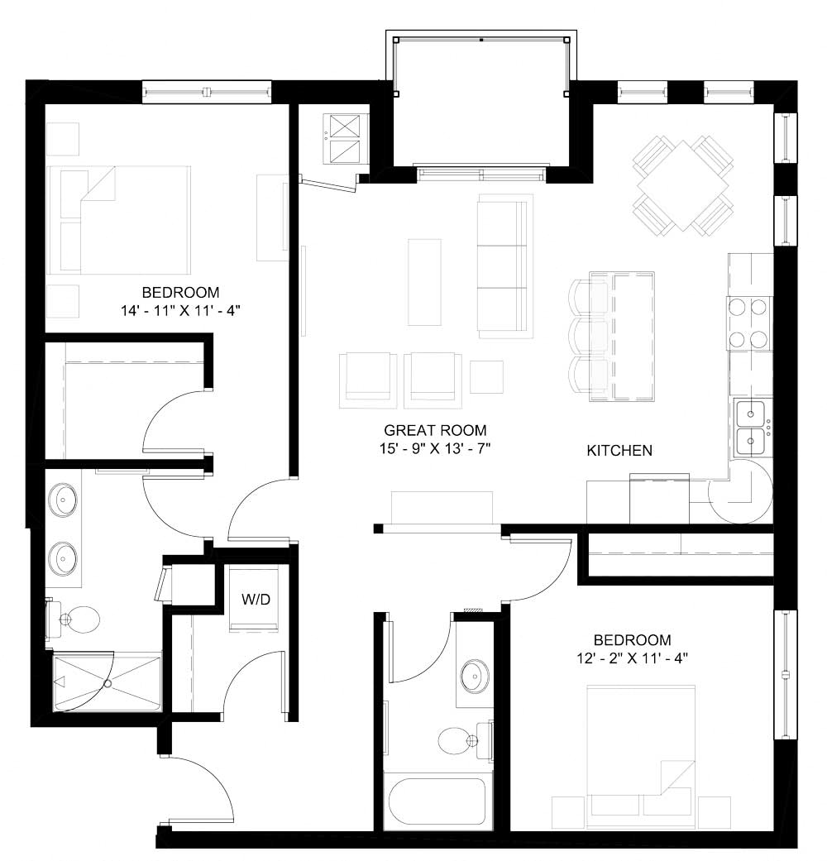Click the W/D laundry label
pos(256,600)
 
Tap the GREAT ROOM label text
pos(435,431)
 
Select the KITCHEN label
pos(619,451)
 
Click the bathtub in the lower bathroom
pos(437,801)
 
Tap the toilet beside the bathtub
pos(457,739)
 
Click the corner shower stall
pos(107,682)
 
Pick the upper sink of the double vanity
pos(65,500)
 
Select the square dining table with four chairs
pos(683,184)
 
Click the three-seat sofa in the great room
pos(503,265)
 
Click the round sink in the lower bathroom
pos(474,676)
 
